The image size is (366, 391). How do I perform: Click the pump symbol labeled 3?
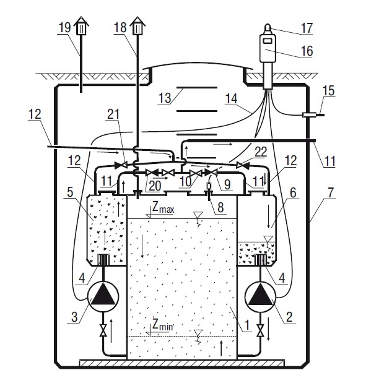click(103, 297)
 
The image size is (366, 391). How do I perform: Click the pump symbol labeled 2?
click(260, 297)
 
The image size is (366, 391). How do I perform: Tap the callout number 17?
click(307, 28)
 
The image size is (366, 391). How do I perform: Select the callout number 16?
click(307, 51)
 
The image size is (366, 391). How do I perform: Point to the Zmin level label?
click(163, 325)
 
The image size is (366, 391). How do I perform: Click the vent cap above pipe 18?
click(137, 26)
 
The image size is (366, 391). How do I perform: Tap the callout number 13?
click(165, 98)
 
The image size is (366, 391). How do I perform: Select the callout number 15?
click(329, 90)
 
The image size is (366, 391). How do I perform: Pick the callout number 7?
click(330, 193)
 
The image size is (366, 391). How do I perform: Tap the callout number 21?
click(113, 114)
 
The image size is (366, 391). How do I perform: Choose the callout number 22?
click(261, 152)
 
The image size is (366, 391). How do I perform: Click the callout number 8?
click(220, 207)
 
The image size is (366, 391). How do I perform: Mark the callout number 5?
click(70, 192)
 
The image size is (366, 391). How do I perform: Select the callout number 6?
click(293, 193)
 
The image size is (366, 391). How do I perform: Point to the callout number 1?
click(247, 325)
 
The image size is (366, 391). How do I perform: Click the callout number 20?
click(155, 186)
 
